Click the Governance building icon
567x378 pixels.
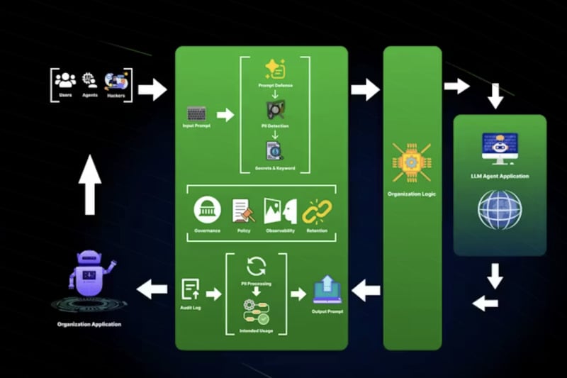coord(207,211)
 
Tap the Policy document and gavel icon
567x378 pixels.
coord(243,211)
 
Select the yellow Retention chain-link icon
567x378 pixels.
coord(317,211)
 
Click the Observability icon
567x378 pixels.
coord(280,211)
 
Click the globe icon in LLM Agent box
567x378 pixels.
coord(500,209)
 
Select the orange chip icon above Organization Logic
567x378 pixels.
coord(412,162)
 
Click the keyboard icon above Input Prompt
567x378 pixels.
coord(196,113)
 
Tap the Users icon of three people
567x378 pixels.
coord(65,79)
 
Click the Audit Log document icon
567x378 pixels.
coord(189,289)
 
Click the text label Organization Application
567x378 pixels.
coord(89,324)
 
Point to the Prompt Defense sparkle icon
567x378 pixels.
coord(274,69)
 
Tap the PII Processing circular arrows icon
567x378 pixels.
coord(256,267)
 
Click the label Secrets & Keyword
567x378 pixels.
coord(275,168)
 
